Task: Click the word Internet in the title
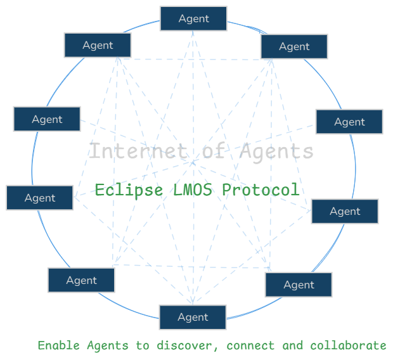(x=130, y=151)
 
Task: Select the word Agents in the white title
(x=276, y=151)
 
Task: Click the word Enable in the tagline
(x=58, y=345)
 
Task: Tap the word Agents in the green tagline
(x=108, y=345)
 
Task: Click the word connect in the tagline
(x=250, y=345)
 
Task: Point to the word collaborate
(x=348, y=345)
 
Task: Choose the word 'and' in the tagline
(x=292, y=345)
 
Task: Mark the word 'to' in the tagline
(x=142, y=345)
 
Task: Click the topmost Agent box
(x=193, y=18)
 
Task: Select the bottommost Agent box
(x=193, y=317)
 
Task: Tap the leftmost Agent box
(x=40, y=198)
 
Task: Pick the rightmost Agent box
(x=349, y=122)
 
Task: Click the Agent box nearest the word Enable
(x=81, y=280)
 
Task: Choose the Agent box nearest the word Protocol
(x=344, y=211)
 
